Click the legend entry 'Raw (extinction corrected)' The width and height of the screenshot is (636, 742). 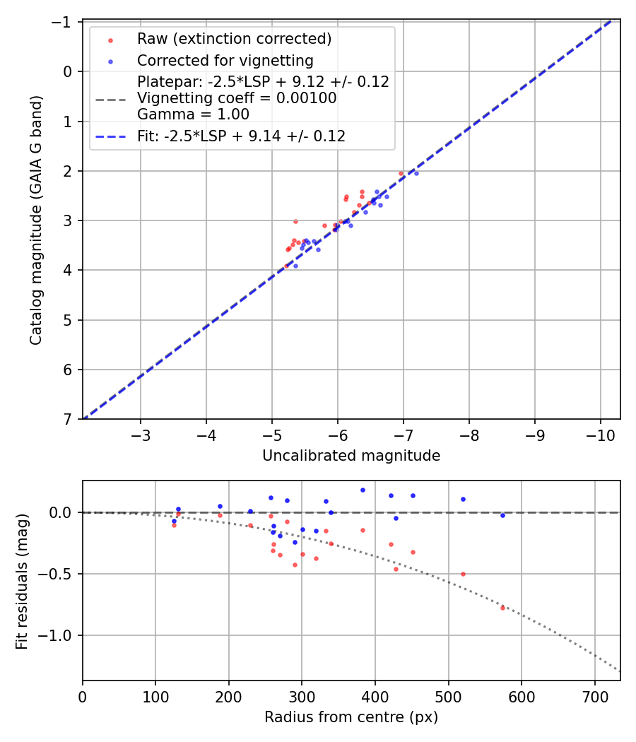[x=234, y=39]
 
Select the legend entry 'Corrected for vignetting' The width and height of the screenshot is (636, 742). [x=225, y=60]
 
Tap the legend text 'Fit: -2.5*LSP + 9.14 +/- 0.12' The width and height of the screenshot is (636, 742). [x=241, y=136]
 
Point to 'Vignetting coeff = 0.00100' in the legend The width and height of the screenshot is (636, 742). [x=237, y=98]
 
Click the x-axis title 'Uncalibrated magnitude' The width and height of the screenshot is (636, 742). [x=351, y=456]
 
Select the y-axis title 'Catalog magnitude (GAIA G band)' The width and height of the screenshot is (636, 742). [x=36, y=220]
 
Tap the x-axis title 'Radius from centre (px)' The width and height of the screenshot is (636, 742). [x=351, y=717]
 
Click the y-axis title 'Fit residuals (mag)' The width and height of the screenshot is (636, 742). [x=22, y=581]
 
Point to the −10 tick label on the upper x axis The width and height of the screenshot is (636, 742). [x=600, y=432]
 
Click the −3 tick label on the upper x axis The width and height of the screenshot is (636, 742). [x=141, y=432]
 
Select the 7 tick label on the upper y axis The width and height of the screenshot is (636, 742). [x=69, y=420]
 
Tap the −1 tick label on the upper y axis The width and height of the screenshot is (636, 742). [x=65, y=23]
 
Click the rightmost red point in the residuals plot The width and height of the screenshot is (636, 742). [x=502, y=608]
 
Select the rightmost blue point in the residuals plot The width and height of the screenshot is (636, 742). [x=502, y=515]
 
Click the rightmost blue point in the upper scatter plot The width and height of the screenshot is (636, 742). [x=416, y=173]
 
